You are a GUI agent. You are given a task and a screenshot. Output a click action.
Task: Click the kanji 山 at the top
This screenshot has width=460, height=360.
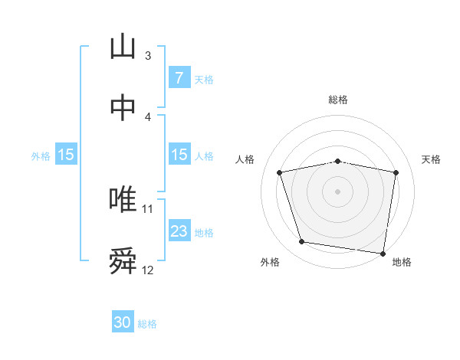click(x=123, y=47)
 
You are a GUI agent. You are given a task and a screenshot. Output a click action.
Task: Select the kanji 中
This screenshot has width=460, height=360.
click(x=123, y=108)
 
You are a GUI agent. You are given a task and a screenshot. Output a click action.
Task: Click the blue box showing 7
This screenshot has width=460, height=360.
click(x=179, y=78)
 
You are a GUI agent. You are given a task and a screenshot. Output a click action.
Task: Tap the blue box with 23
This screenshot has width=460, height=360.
click(x=179, y=231)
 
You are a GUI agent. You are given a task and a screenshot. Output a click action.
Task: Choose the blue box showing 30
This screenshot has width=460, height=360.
click(x=123, y=323)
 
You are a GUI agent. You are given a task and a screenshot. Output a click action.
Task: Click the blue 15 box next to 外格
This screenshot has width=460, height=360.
click(x=66, y=155)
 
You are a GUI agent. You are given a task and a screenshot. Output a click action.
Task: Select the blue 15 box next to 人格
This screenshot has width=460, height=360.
click(x=179, y=155)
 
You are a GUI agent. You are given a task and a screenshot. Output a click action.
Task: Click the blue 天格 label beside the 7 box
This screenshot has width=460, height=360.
click(x=204, y=79)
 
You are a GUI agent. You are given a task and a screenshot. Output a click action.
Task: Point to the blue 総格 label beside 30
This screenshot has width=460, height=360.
click(x=147, y=324)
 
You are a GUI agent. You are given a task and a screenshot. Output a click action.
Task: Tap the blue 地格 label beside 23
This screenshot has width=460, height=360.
click(x=204, y=232)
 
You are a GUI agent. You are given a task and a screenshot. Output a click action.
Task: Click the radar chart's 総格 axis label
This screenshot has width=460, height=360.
click(x=338, y=100)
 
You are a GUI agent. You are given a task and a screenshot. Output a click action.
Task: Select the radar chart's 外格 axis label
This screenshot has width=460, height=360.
click(x=270, y=262)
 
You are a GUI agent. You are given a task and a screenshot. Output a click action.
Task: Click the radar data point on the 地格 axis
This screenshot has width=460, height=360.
click(x=383, y=253)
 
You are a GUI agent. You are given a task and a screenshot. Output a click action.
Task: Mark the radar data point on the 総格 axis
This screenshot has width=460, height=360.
click(x=338, y=161)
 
